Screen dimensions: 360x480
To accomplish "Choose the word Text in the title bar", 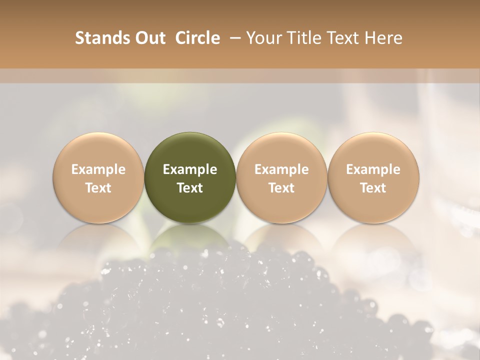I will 342,38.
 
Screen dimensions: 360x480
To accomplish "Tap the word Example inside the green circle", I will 190,169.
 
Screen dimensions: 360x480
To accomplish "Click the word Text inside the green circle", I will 190,188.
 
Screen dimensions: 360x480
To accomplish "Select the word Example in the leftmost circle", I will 98,169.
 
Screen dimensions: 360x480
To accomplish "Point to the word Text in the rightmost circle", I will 373,188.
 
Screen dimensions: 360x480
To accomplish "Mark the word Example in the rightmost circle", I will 373,169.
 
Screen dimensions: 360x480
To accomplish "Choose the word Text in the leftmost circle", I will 98,188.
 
